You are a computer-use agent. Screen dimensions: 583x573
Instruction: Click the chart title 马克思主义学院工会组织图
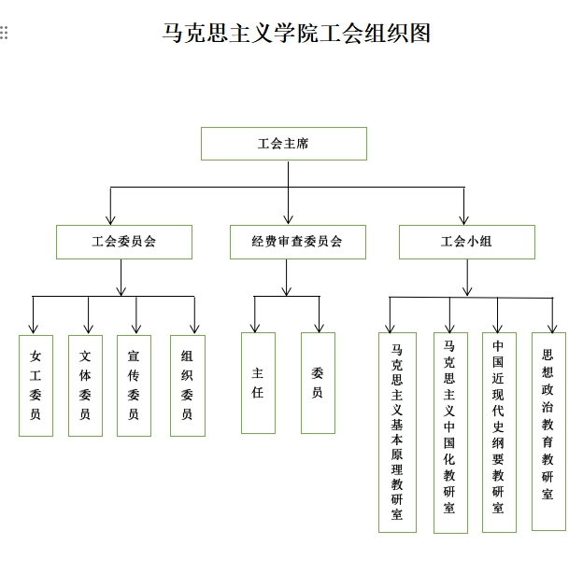tap(296, 33)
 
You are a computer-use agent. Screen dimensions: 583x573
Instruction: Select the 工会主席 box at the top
tap(284, 144)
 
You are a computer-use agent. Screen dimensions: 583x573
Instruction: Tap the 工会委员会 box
tap(124, 242)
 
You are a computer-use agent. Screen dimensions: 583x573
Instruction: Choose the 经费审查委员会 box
tap(298, 242)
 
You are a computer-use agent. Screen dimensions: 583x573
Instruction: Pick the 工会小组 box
tap(467, 242)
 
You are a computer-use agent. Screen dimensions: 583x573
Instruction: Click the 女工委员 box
tap(36, 385)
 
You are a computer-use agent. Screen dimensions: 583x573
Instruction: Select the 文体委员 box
tap(85, 385)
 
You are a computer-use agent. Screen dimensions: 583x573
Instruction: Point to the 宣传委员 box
tap(134, 385)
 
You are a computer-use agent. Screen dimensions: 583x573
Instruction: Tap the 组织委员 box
tap(188, 385)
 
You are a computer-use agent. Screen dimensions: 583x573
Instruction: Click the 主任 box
tap(258, 383)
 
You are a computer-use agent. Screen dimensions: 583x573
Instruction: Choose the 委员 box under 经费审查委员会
tap(318, 383)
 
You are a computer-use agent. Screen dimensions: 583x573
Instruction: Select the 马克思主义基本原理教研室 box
tap(397, 432)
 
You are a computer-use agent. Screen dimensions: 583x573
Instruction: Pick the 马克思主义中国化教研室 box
tap(450, 433)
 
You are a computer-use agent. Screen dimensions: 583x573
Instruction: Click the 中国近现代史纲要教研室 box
tap(499, 432)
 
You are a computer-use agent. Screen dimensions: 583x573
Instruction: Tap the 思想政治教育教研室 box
tap(548, 431)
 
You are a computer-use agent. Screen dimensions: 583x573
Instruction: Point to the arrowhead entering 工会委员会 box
tap(110, 220)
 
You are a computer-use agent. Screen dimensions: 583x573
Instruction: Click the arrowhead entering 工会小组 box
tap(463, 220)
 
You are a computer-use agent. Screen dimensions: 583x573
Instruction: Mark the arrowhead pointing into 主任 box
tap(255, 328)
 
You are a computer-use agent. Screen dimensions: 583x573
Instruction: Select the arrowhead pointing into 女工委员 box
tap(33, 328)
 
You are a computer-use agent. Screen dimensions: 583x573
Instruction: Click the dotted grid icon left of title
tap(4, 33)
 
